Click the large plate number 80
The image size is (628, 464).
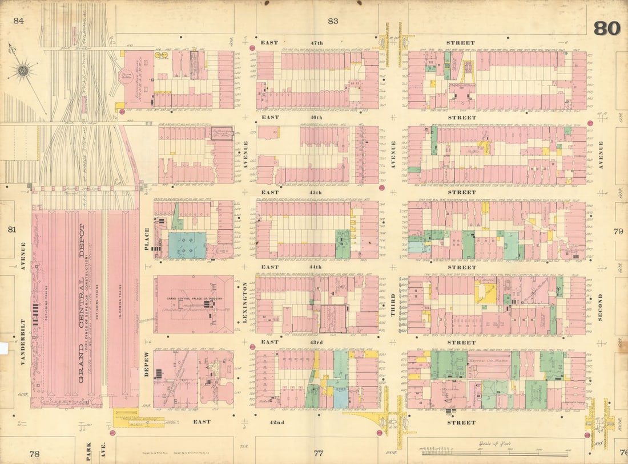pyautogui.click(x=607, y=28)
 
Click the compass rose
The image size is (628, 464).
pyautogui.click(x=23, y=71)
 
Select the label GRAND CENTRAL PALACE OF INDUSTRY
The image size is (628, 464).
pyautogui.click(x=193, y=299)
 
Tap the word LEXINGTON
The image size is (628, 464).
pyautogui.click(x=245, y=302)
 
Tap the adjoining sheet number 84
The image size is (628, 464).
pyautogui.click(x=19, y=21)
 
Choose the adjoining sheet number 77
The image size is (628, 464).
pyautogui.click(x=319, y=453)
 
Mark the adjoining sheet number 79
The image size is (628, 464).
pyautogui.click(x=617, y=231)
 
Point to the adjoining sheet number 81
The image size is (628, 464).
pyautogui.click(x=11, y=230)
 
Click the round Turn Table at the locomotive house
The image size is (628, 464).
pyautogui.click(x=126, y=76)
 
